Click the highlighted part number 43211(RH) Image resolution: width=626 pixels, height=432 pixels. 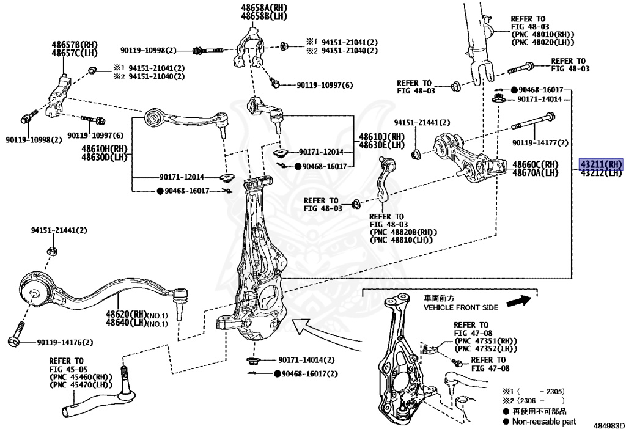pos(601,164)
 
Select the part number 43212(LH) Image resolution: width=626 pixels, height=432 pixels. pos(601,173)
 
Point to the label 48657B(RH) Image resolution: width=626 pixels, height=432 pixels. pos(75,45)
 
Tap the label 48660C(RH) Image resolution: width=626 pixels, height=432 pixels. pos(536,164)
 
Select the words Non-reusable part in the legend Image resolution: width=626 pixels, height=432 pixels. pos(543,421)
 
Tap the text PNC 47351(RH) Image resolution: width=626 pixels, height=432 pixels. pos(487,340)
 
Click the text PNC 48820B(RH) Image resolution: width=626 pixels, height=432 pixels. pos(403,233)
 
